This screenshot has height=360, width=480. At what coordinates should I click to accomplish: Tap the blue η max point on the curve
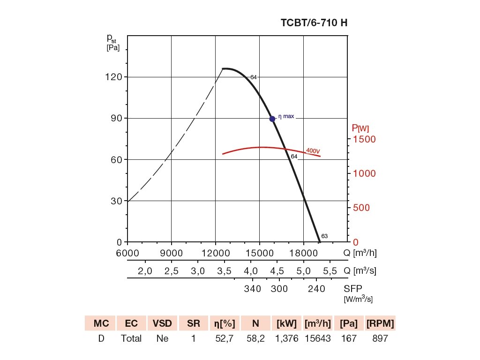[272, 119]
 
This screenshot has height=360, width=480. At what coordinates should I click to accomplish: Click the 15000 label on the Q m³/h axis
[260, 253]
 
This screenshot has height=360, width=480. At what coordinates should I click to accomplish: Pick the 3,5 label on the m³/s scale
[225, 271]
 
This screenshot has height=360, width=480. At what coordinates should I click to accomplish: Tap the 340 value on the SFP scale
[252, 289]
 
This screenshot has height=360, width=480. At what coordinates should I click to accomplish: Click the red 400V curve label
[313, 151]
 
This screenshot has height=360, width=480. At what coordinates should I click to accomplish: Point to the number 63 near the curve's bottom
[324, 236]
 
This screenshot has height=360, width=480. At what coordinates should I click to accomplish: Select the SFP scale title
[353, 289]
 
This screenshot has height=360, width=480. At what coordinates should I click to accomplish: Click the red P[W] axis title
[360, 128]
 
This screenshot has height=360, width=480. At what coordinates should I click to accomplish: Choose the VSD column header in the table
[162, 323]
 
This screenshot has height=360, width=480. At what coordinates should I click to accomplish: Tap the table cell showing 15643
[317, 338]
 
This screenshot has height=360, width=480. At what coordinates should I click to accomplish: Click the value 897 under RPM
[379, 338]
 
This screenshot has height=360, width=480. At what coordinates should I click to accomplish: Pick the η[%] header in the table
[225, 323]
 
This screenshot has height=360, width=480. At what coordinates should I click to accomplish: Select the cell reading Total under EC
[131, 338]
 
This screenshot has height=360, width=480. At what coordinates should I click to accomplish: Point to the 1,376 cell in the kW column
[286, 338]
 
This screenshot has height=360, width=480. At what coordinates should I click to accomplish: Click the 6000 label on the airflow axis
[127, 253]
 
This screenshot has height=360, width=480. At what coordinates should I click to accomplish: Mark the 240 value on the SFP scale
[316, 289]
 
